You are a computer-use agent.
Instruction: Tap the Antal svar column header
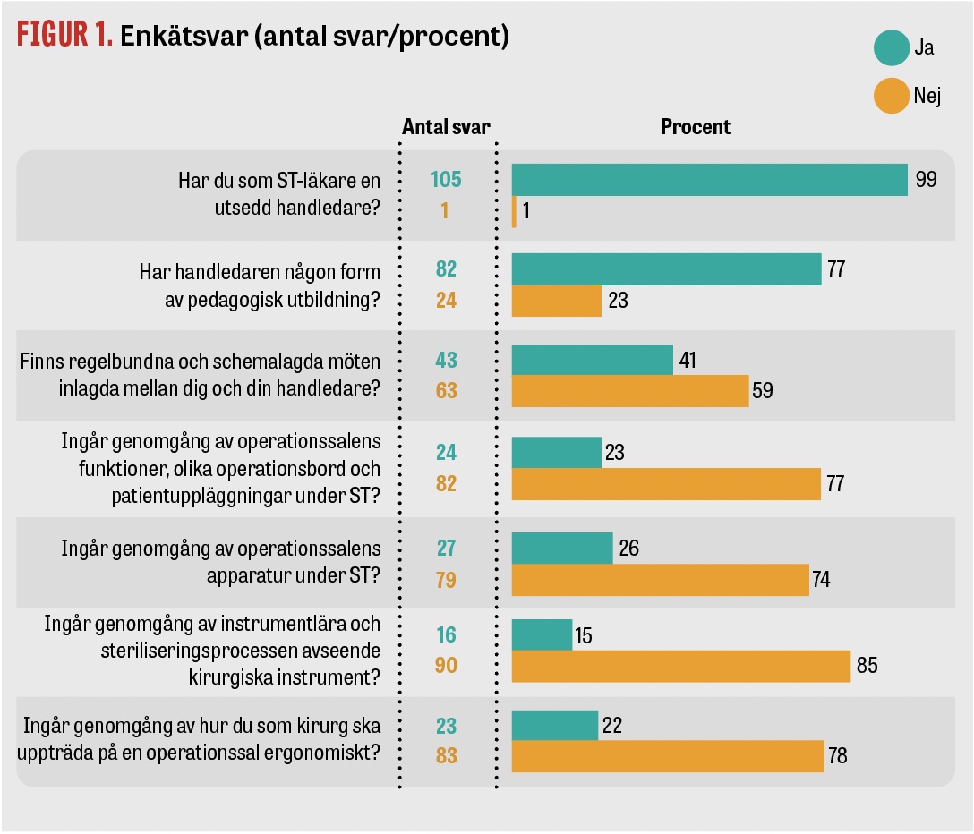click(446, 127)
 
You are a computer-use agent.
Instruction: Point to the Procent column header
click(696, 127)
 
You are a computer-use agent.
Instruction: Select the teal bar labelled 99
click(709, 180)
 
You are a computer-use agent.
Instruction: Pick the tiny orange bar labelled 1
click(514, 213)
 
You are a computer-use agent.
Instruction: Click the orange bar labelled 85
click(680, 667)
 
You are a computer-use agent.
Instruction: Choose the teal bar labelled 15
click(542, 634)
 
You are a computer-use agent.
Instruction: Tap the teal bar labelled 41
click(592, 360)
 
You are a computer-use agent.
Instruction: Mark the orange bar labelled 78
click(668, 755)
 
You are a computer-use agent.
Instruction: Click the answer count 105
click(446, 180)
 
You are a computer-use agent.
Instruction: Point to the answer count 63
click(446, 391)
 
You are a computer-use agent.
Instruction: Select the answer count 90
click(446, 667)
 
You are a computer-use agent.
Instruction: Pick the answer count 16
click(446, 634)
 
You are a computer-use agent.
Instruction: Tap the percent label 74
click(821, 580)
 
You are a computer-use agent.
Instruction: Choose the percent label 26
click(628, 547)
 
